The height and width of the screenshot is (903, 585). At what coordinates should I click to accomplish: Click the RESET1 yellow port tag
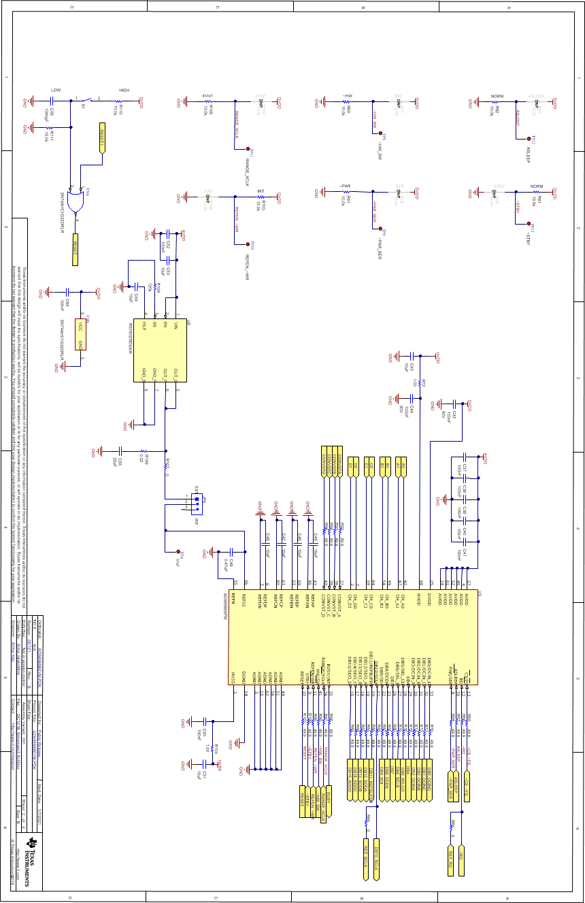pos(103,139)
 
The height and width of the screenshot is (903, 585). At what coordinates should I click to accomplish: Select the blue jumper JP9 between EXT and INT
pos(197,504)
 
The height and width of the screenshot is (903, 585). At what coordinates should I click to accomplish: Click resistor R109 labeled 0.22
pos(144,450)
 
